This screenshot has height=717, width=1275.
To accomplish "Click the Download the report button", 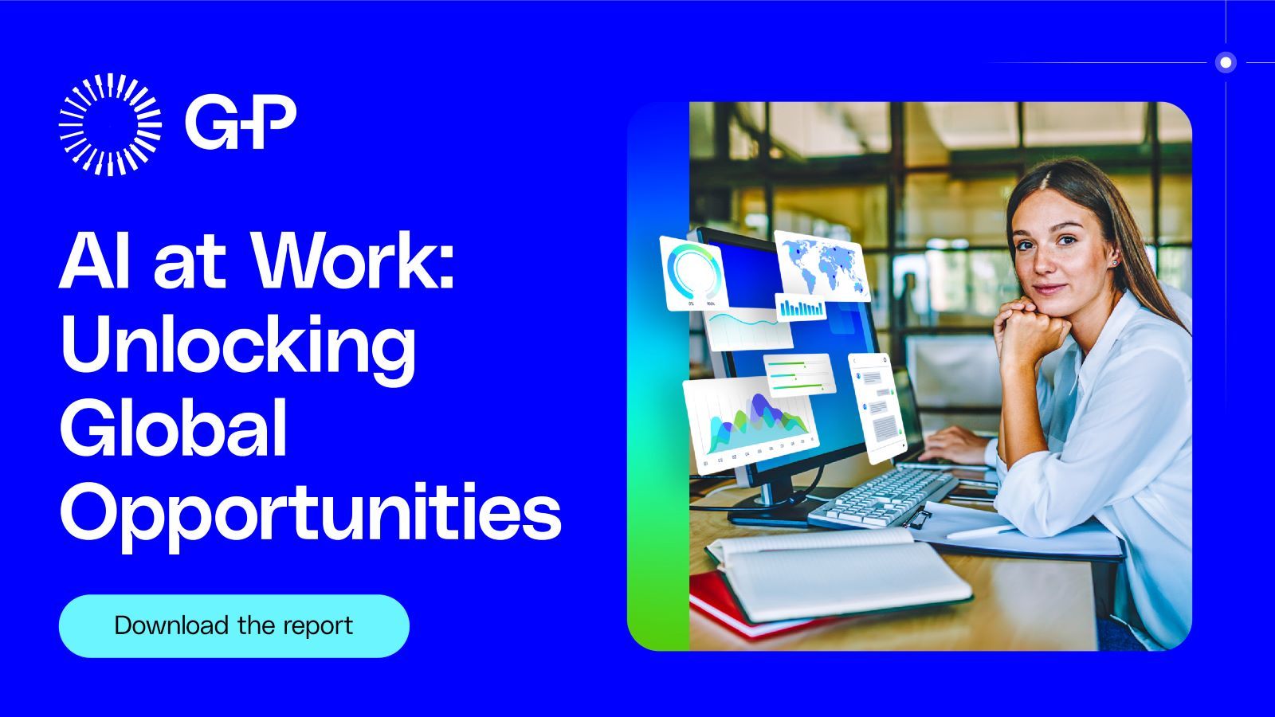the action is pos(234,626).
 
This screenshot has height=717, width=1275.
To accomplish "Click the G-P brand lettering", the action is pos(241,122).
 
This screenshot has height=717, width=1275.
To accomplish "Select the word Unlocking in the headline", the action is pos(238,350).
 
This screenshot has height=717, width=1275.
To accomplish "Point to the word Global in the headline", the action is pos(174,428).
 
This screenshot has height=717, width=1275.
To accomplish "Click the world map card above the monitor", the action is pos(822,266).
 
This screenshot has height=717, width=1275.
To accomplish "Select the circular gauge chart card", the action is pos(694,274).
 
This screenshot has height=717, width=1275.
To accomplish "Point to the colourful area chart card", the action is pos(751,424).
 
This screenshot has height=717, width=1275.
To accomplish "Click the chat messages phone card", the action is pos(877,407).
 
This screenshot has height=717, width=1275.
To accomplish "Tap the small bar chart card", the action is pos(802,308).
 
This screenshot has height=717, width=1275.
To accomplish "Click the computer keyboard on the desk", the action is pos(883,498).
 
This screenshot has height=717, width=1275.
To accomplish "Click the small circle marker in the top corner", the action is pos(1226,62).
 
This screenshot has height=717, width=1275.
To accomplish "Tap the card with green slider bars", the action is pos(799,375).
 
